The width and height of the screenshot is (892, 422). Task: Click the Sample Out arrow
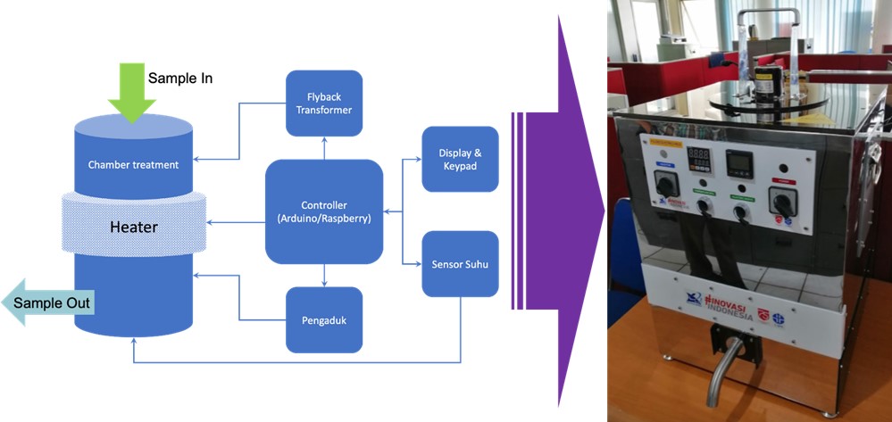pos(49,303)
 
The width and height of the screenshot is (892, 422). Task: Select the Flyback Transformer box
pos(323,103)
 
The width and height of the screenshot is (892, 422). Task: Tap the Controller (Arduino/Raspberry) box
pos(324,211)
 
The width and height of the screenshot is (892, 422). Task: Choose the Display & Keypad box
pos(460,159)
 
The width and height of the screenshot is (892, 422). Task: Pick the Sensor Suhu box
pos(460,264)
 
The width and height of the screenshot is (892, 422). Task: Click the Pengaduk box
pos(323,319)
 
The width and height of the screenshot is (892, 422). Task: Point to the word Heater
pos(133,228)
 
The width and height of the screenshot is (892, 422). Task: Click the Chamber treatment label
pos(133,164)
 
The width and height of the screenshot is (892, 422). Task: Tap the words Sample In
pos(179,79)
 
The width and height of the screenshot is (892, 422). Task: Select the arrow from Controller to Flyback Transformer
pos(324,148)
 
